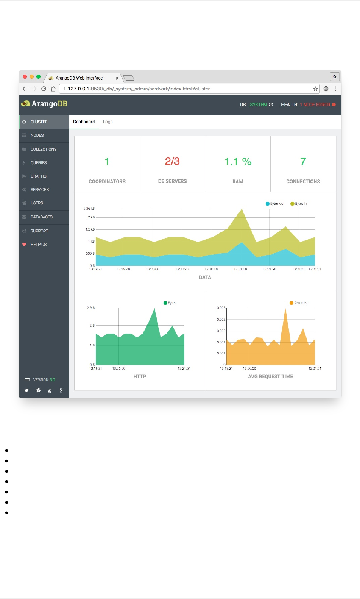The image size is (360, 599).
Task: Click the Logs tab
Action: tap(108, 122)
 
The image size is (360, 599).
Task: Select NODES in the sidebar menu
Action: tap(37, 135)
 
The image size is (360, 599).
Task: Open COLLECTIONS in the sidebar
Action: tap(43, 149)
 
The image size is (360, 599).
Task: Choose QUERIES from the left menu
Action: tap(39, 163)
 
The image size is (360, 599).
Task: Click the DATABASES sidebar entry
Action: tap(41, 217)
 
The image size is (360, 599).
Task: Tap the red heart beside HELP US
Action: tap(25, 245)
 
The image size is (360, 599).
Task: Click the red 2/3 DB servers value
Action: tap(172, 161)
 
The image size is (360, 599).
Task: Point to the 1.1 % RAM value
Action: tap(238, 162)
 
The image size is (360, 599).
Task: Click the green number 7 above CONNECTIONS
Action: tap(303, 162)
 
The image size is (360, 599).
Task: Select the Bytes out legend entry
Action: tap(275, 204)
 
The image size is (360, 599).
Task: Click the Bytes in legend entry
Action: tap(299, 204)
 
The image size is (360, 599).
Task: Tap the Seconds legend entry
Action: tap(298, 303)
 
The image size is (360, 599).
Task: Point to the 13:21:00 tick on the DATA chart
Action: tap(240, 269)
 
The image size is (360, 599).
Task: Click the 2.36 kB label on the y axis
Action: tap(89, 209)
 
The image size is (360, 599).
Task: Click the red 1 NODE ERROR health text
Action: tap(315, 105)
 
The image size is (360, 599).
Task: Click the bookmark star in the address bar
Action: tap(315, 89)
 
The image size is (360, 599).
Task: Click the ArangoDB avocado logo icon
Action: tap(25, 104)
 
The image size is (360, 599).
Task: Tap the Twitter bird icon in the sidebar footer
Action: tap(26, 390)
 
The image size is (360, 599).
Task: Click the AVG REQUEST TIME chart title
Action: tap(270, 376)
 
